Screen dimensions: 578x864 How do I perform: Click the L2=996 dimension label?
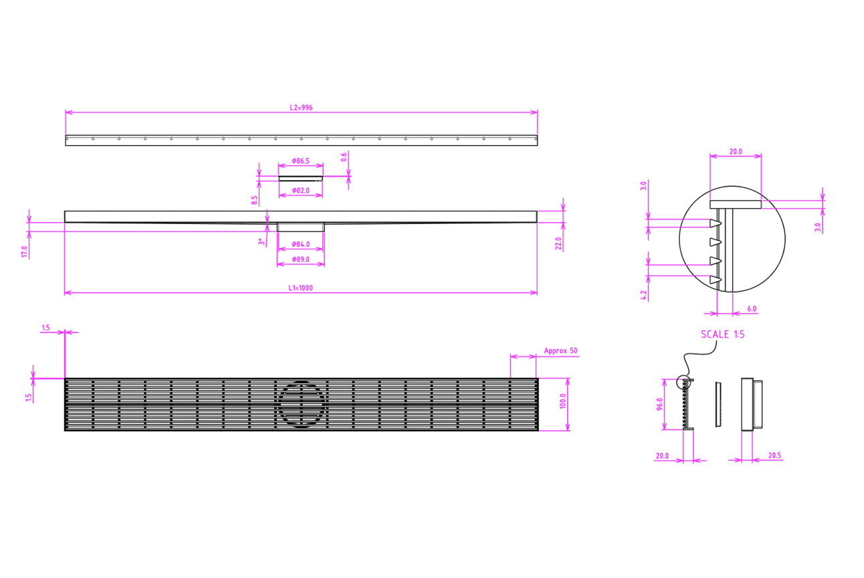pyautogui.click(x=301, y=107)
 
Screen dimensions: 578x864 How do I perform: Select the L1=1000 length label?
pyautogui.click(x=301, y=288)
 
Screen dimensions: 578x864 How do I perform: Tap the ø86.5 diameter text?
pyautogui.click(x=301, y=162)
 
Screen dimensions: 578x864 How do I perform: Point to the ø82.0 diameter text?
pyautogui.click(x=301, y=191)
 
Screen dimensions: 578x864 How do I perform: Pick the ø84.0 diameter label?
pyautogui.click(x=301, y=244)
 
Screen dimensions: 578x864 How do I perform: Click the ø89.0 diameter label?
pyautogui.click(x=301, y=258)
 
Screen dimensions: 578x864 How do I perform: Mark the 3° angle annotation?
pyautogui.click(x=261, y=242)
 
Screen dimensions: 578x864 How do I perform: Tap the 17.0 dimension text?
pyautogui.click(x=25, y=252)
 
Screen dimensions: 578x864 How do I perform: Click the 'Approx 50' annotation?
pyautogui.click(x=560, y=351)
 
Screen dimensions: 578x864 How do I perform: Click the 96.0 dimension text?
pyautogui.click(x=659, y=405)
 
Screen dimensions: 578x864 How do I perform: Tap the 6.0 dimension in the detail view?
pyautogui.click(x=752, y=309)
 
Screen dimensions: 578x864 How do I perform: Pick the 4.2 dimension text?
pyautogui.click(x=643, y=295)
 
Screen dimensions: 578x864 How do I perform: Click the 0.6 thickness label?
pyautogui.click(x=344, y=157)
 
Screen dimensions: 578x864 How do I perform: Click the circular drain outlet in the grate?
pyautogui.click(x=301, y=403)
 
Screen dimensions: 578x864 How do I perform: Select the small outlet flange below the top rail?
pyautogui.click(x=301, y=177)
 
